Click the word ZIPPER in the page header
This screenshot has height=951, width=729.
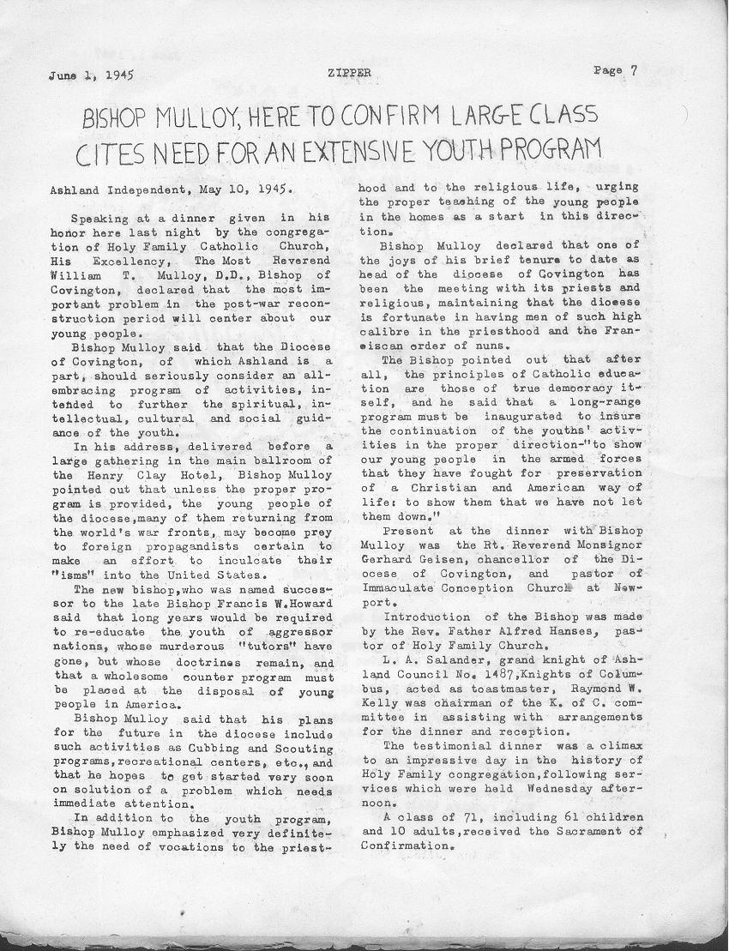(349, 74)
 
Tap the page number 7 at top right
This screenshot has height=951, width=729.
(633, 71)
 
